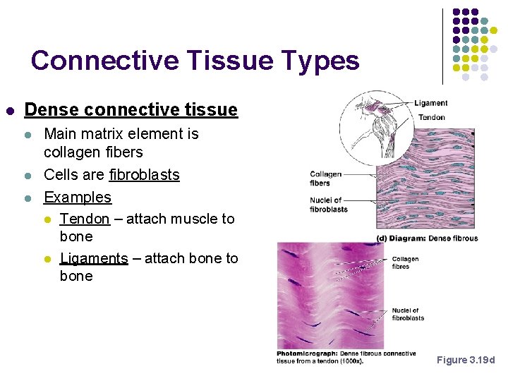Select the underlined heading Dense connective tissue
131,110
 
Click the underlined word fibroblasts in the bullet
145,175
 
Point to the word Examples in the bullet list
78,198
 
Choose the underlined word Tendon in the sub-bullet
85,219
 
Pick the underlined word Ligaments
94,258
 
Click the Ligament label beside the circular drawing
430,103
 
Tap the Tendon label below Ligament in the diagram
432,117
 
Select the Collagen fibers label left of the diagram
325,179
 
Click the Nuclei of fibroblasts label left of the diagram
328,205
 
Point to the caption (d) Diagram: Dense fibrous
428,238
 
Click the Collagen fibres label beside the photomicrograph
405,262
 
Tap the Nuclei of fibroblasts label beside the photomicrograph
408,314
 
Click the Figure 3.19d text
466,361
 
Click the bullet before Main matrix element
28,134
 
